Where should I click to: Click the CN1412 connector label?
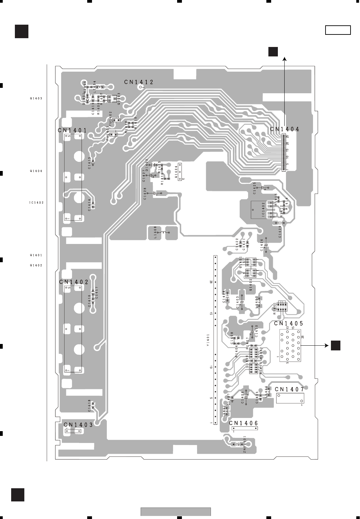[139, 82]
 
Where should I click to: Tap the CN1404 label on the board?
[285, 129]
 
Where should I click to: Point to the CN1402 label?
[74, 282]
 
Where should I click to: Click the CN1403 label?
[78, 425]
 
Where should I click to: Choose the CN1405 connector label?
[289, 323]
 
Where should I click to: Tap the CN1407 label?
[290, 389]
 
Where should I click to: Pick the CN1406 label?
[243, 423]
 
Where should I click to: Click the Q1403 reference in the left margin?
[36, 98]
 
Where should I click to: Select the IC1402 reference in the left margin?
[36, 203]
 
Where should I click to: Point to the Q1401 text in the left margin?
[36, 255]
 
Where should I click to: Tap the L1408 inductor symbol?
[163, 232]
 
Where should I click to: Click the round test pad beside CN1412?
[140, 87]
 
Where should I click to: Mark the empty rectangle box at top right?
[338, 30]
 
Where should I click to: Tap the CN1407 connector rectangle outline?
[290, 398]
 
